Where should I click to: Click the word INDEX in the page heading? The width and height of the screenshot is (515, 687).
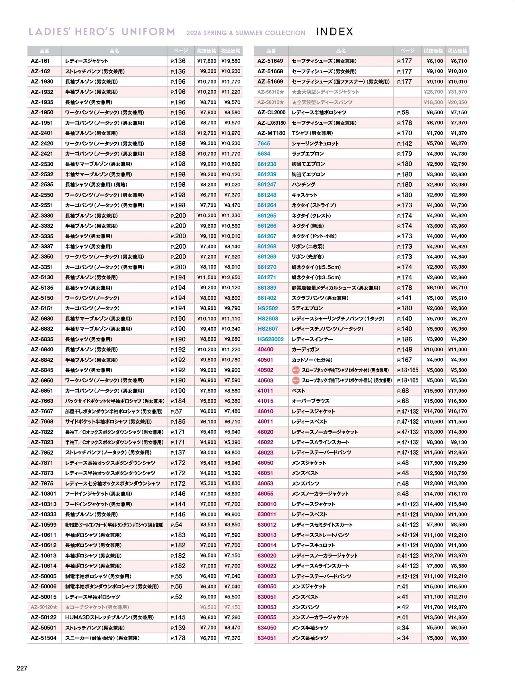click(x=334, y=32)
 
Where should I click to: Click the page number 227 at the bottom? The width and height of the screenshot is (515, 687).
click(x=22, y=668)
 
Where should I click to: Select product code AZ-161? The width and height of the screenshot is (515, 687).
click(x=40, y=61)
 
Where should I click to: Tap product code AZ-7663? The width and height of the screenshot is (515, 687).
click(x=42, y=401)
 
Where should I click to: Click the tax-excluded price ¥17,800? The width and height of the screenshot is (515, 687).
click(x=207, y=61)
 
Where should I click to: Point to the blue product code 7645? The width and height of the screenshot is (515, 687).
click(x=264, y=143)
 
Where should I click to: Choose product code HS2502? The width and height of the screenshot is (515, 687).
click(x=268, y=308)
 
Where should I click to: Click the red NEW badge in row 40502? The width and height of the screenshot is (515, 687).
click(x=296, y=370)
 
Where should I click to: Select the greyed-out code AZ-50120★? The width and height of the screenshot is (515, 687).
click(x=44, y=607)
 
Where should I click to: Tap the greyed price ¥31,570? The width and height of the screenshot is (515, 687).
click(x=457, y=92)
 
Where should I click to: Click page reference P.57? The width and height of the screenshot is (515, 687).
click(x=176, y=411)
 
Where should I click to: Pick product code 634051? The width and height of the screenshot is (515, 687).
click(x=267, y=638)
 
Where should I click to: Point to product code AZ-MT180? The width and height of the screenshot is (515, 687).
click(x=271, y=133)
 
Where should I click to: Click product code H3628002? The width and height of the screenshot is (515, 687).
click(x=270, y=339)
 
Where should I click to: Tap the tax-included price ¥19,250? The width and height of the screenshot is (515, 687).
click(x=457, y=463)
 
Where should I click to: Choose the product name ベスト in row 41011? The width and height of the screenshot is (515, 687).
click(x=298, y=391)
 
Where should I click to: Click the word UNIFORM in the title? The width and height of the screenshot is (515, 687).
click(x=148, y=32)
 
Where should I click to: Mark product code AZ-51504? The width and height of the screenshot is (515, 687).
click(x=43, y=638)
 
